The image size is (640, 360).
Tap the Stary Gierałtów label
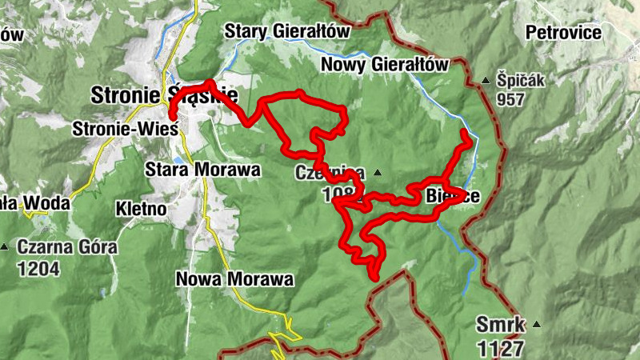coord(288,30)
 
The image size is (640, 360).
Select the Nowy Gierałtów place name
coord(384,65)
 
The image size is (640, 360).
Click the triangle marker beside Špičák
coord(485,80)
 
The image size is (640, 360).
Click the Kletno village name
coord(141,209)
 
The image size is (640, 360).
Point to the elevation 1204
coord(38,268)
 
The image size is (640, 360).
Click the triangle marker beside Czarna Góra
coord(6,246)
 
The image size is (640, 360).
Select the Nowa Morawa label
coord(234,279)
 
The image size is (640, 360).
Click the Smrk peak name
coord(500,325)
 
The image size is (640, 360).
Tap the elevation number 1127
coord(501,348)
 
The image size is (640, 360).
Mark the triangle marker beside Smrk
coord(536,324)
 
